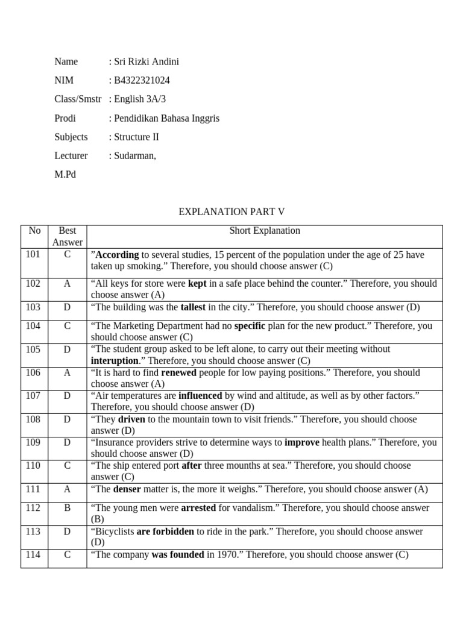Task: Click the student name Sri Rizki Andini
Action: tap(146, 61)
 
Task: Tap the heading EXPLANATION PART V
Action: tap(231, 211)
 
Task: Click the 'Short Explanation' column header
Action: tap(264, 231)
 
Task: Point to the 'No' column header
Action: tap(34, 231)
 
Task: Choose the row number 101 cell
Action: tap(34, 254)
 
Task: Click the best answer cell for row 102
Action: tap(67, 284)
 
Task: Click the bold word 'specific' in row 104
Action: tap(250, 326)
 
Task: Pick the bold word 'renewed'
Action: tap(179, 373)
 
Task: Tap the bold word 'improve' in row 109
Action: tap(301, 442)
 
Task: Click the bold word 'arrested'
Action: tap(198, 508)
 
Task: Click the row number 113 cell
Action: tap(34, 531)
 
